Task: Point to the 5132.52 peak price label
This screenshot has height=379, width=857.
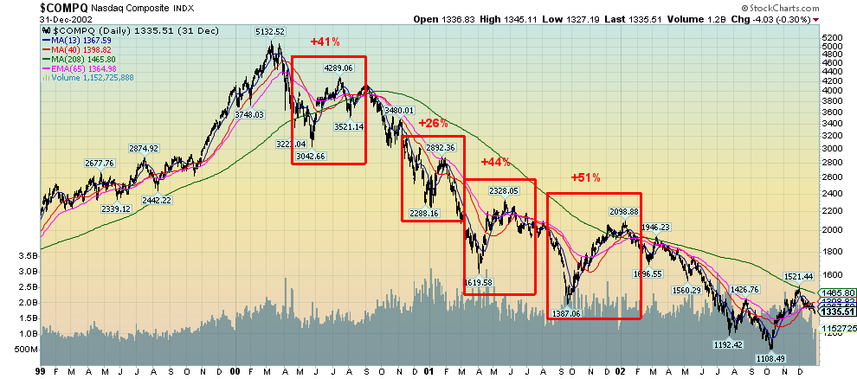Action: (x=270, y=31)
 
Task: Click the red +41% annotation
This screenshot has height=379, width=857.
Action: (x=324, y=41)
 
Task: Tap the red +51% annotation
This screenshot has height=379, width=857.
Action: (x=585, y=177)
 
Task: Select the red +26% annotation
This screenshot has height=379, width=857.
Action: (x=433, y=123)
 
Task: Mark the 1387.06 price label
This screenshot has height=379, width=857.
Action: (x=565, y=313)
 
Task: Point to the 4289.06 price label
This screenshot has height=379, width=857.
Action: (x=338, y=67)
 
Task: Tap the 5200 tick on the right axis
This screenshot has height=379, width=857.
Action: (x=832, y=39)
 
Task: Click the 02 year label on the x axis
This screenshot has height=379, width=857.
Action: (x=622, y=371)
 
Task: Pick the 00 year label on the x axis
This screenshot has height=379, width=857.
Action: (x=236, y=371)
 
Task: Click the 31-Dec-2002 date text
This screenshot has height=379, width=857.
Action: (x=26, y=19)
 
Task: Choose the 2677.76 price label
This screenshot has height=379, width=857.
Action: (x=100, y=163)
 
